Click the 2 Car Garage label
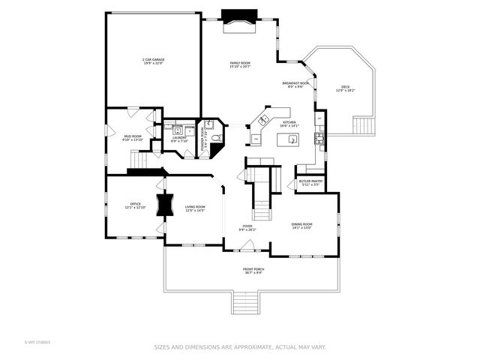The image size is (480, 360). [x=154, y=61]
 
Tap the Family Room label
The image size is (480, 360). [x=240, y=64]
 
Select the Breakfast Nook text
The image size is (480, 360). [x=295, y=84]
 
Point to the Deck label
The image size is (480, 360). [x=345, y=88]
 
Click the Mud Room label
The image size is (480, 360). [x=132, y=138]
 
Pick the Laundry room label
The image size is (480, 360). [x=178, y=139]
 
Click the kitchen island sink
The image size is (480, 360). [x=288, y=139]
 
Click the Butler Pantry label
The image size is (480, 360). [x=310, y=182]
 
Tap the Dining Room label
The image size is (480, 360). [x=301, y=226]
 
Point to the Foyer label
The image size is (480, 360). [x=247, y=227]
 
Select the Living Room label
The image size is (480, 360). [x=195, y=208]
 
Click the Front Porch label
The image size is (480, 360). [x=253, y=271]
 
